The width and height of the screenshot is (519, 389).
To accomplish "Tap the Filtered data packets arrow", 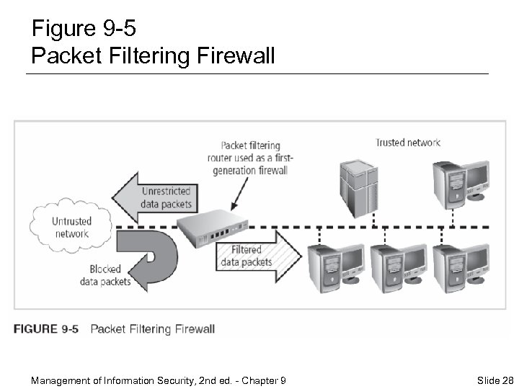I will pos(256,255).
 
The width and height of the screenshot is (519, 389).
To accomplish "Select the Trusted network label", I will pos(407,143).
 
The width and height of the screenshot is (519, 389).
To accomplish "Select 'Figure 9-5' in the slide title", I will pos(84,29).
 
